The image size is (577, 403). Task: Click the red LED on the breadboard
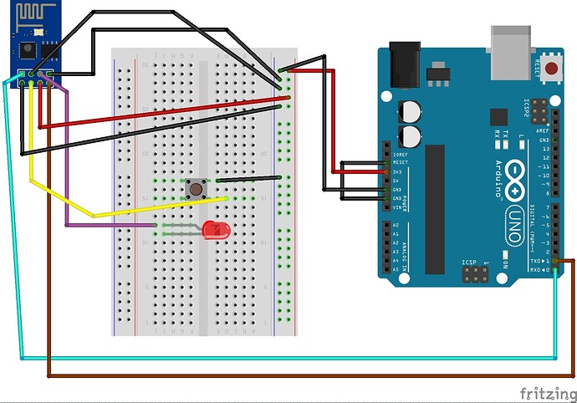click(x=215, y=227)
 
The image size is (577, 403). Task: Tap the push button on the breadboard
click(x=197, y=188)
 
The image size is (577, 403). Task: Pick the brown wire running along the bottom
click(x=293, y=374)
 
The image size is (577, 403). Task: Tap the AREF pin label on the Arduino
click(x=543, y=131)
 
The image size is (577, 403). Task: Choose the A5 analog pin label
click(x=396, y=269)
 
